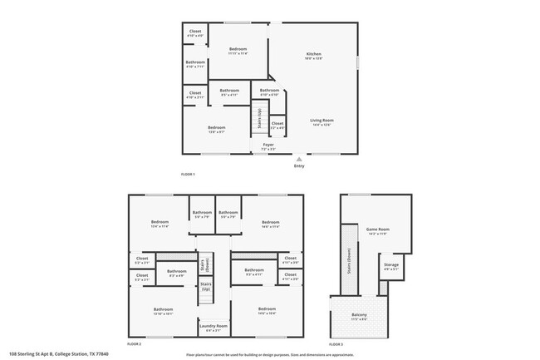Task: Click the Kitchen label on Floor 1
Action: coord(313,55)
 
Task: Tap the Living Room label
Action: coord(321,121)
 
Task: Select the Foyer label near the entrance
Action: coord(268,145)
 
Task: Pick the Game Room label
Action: coord(378,230)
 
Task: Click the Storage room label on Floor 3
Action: coord(390,267)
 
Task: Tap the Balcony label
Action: coord(359,316)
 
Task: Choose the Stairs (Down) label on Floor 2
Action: coord(205,264)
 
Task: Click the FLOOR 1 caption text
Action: coord(187,174)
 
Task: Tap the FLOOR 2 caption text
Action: coord(134,343)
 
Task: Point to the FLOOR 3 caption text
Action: coord(336,343)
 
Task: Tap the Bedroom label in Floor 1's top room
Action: coord(238,51)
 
